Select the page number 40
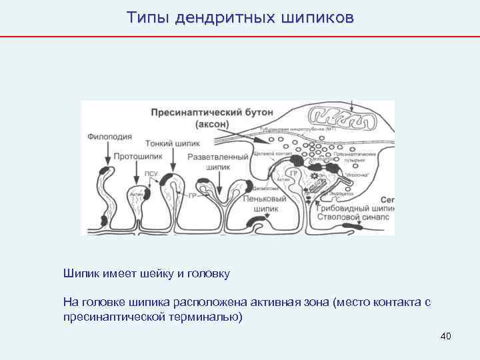click(x=446, y=336)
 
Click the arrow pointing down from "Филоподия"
click(x=105, y=154)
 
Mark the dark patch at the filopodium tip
click(x=103, y=172)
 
